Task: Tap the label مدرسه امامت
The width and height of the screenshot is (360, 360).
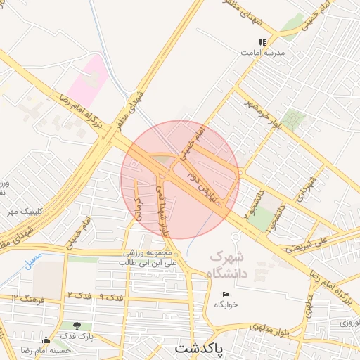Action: tap(262, 53)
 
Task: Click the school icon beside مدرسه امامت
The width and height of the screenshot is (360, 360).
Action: tap(262, 42)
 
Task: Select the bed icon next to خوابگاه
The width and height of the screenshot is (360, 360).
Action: tap(226, 294)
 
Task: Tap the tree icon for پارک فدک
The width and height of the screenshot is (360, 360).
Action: tap(76, 326)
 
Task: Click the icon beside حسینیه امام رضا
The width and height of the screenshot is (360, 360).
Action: tap(46, 340)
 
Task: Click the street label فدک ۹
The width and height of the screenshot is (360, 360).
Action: tap(111, 297)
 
